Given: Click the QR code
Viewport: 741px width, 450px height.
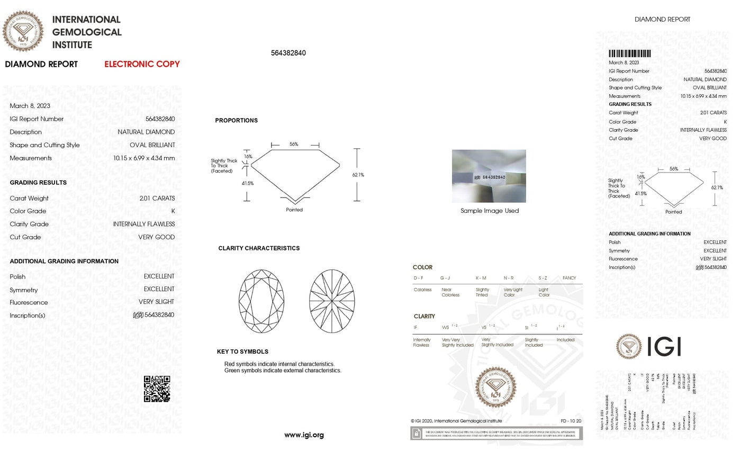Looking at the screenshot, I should pyautogui.click(x=157, y=389).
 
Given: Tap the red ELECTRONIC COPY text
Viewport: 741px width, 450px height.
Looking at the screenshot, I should pyautogui.click(x=142, y=64).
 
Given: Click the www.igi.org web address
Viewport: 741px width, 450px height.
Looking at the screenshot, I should pyautogui.click(x=304, y=435).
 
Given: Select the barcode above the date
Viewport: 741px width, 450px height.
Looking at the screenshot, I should pyautogui.click(x=629, y=53).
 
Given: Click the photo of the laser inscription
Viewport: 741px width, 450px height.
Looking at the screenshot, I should pyautogui.click(x=489, y=176).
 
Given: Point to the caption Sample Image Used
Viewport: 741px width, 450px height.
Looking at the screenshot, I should pyautogui.click(x=489, y=211).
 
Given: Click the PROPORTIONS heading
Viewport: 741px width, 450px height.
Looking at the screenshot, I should pyautogui.click(x=236, y=121).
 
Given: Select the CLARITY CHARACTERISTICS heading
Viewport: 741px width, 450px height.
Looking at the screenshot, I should pyautogui.click(x=259, y=248).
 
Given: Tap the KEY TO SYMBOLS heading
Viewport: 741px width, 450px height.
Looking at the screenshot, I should pyautogui.click(x=242, y=352).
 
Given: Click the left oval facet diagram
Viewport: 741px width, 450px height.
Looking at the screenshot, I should pyautogui.click(x=261, y=301).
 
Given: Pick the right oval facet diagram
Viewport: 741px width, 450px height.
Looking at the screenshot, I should pyautogui.click(x=332, y=301).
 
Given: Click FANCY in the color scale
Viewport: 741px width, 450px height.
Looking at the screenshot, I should pyautogui.click(x=569, y=278).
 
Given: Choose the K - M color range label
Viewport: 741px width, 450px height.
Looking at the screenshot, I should pyautogui.click(x=481, y=278).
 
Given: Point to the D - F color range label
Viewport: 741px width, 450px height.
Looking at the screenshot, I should pyautogui.click(x=418, y=278).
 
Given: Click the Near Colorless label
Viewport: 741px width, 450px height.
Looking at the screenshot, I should pyautogui.click(x=450, y=292).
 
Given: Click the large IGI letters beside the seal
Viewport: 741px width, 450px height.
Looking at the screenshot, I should pyautogui.click(x=664, y=347).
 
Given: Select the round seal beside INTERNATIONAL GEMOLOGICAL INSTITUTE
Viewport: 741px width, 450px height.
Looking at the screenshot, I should pyautogui.click(x=23, y=31).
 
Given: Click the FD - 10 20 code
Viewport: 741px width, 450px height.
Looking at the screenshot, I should pyautogui.click(x=571, y=421).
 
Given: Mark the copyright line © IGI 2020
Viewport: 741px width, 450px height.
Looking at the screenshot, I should pyautogui.click(x=456, y=421).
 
